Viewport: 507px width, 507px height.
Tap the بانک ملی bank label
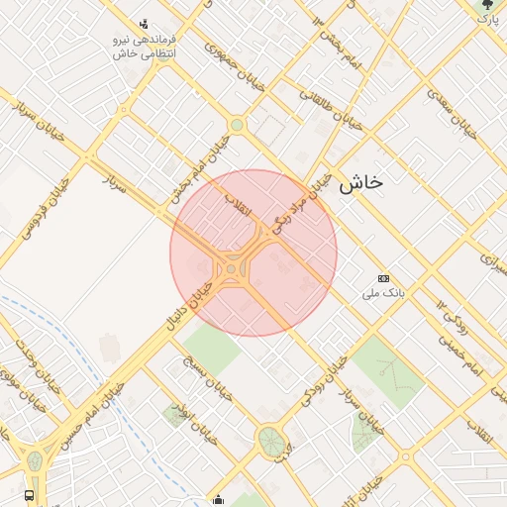coord(393,294)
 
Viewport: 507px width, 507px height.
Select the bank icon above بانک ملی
coord(384,278)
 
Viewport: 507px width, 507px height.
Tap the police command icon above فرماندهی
coord(146,23)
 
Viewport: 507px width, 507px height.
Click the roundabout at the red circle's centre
coord(231,268)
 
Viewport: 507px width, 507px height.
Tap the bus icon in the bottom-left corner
coord(29,494)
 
